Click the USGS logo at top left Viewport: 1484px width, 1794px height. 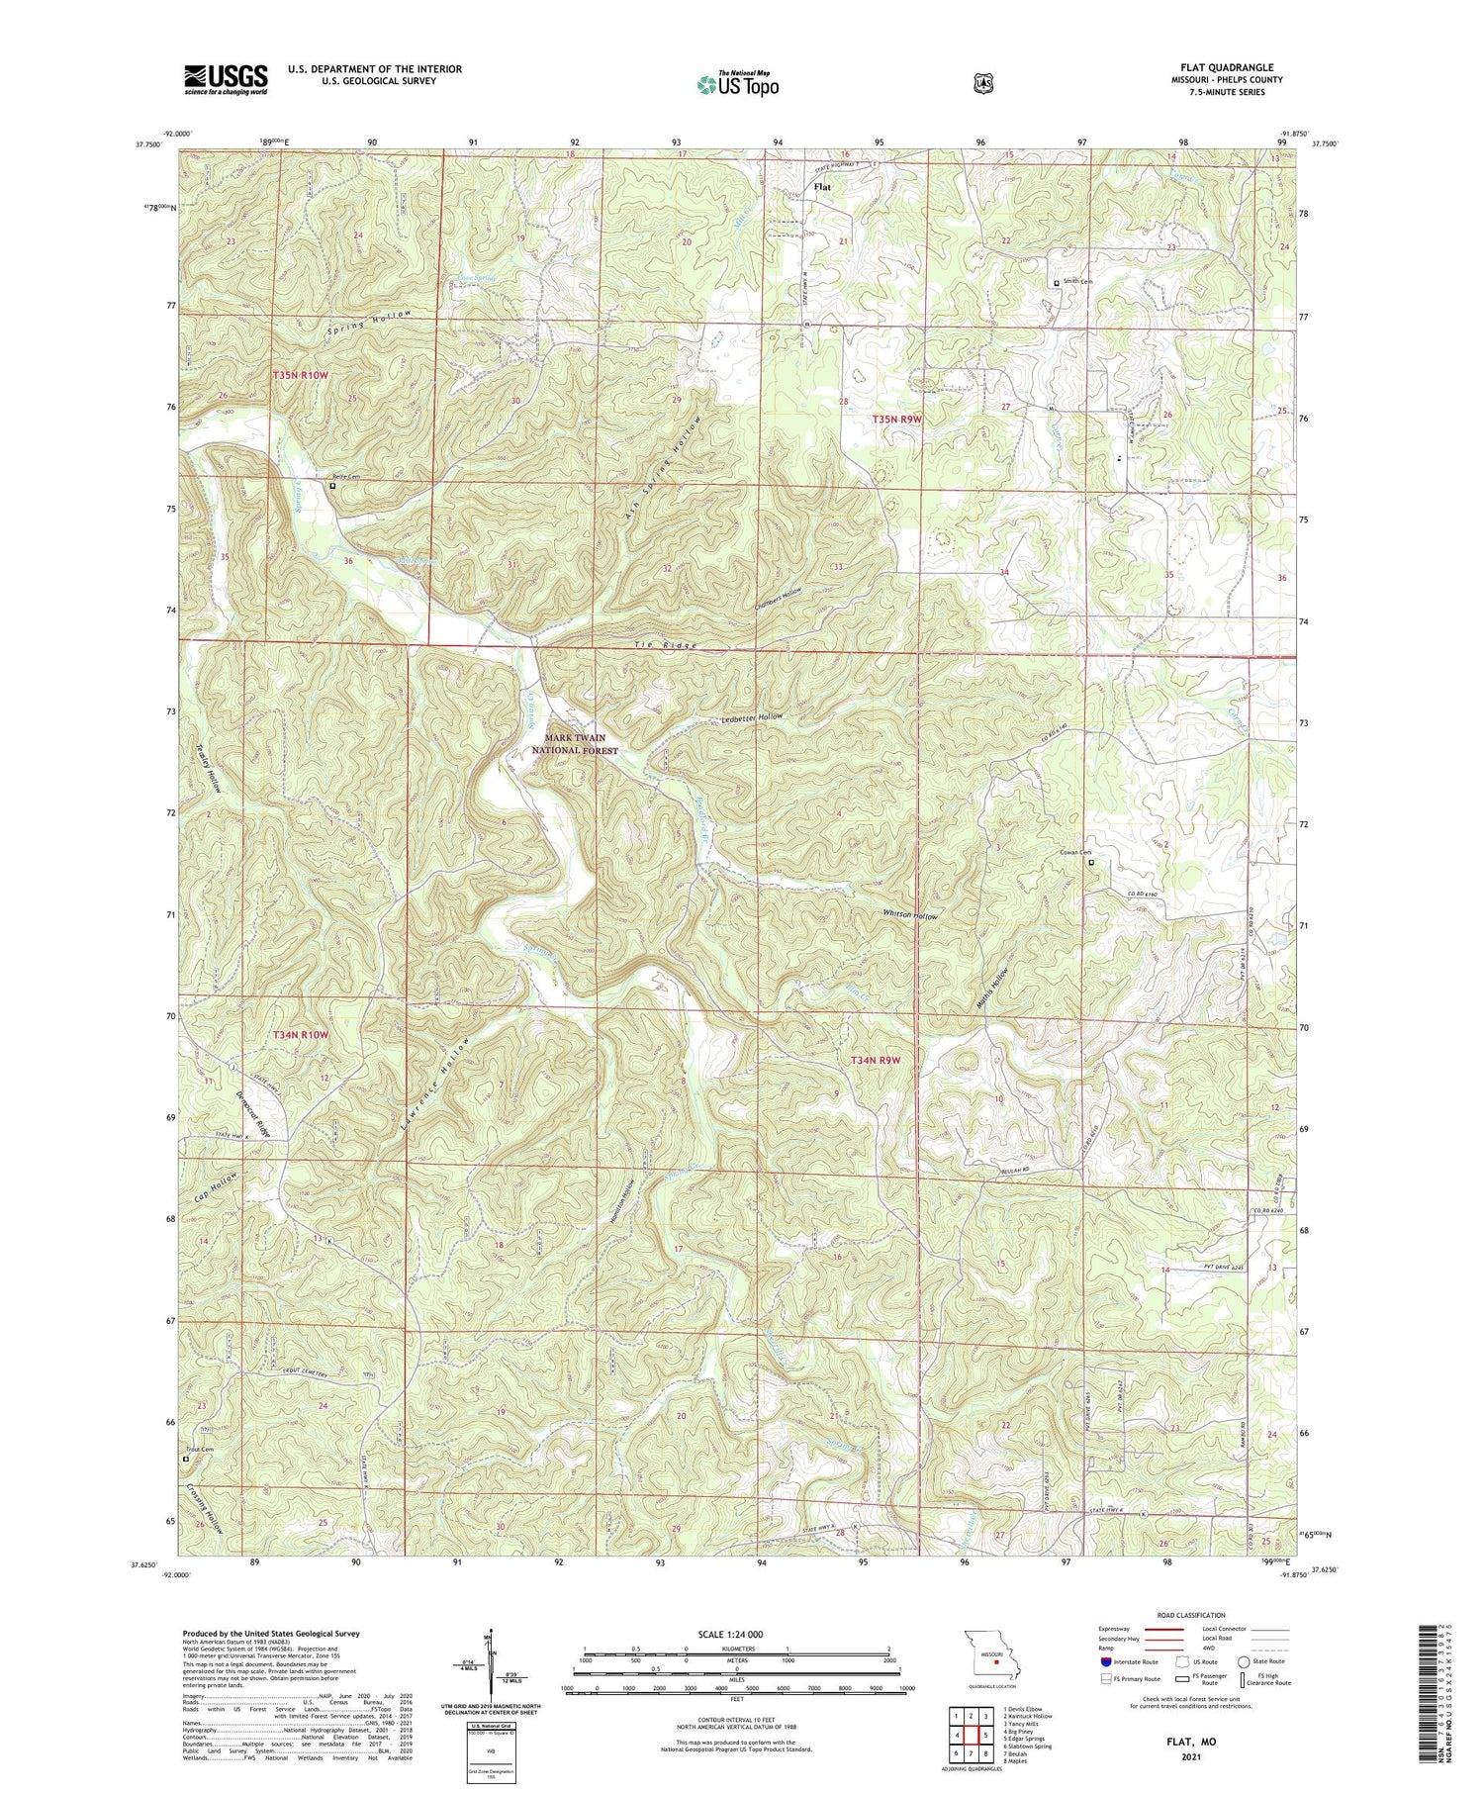click(x=226, y=79)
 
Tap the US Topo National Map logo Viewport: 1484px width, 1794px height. click(x=737, y=84)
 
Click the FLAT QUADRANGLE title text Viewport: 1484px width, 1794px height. click(x=1226, y=68)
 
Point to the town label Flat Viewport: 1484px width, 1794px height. click(x=822, y=186)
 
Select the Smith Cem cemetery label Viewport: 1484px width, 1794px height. click(x=1077, y=282)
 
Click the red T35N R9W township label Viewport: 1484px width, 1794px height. click(x=896, y=420)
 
